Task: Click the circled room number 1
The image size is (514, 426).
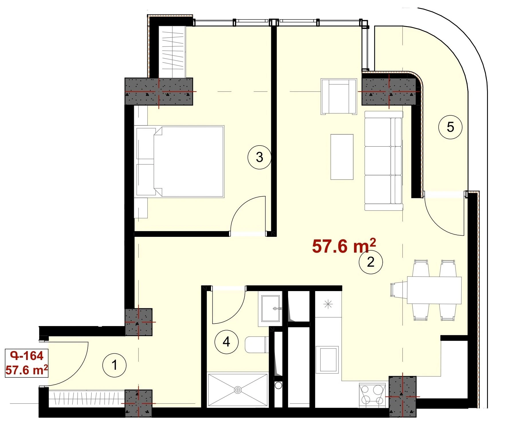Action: coord(114,365)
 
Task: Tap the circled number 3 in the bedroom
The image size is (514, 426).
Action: coord(259,157)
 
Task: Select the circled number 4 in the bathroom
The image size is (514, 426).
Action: coord(226,342)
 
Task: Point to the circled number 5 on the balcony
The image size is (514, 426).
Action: coord(450,127)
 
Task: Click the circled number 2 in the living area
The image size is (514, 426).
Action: coord(371,262)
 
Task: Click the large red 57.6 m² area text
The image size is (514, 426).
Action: coord(344,246)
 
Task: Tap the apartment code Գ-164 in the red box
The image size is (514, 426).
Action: coord(27,356)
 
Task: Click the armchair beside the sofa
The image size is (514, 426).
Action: coord(339,96)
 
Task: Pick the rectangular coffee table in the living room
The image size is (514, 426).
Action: coord(342,157)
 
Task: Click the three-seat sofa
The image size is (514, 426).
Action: coord(384,161)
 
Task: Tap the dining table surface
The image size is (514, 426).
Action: coord(434,290)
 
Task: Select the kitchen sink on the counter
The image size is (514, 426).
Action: coord(327,360)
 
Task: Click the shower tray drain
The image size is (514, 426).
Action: coord(238,390)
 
